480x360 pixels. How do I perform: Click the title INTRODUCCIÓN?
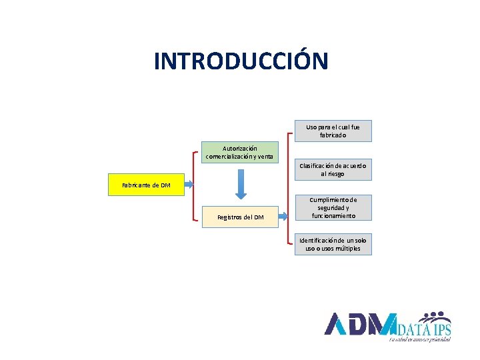pyautogui.click(x=241, y=61)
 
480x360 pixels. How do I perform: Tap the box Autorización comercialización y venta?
pyautogui.click(x=239, y=152)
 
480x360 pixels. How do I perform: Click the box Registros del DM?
pyautogui.click(x=240, y=217)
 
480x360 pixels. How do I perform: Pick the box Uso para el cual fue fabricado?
pyautogui.click(x=333, y=131)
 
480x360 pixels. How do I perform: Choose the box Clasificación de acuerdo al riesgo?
pyautogui.click(x=333, y=169)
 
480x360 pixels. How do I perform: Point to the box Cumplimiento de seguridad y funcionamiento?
pyautogui.click(x=333, y=207)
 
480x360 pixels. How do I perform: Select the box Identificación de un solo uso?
pyautogui.click(x=333, y=244)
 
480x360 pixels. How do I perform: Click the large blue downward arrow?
pyautogui.click(x=240, y=184)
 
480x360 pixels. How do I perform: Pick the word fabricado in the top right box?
pyautogui.click(x=333, y=135)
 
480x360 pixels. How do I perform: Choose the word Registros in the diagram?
pyautogui.click(x=229, y=217)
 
